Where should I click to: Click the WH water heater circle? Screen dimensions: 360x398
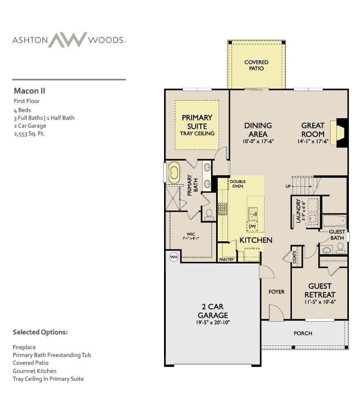(174, 257)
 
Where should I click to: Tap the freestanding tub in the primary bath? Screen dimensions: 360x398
(174, 172)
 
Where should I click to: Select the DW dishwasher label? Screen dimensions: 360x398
(252, 226)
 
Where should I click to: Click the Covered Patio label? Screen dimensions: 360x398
(256, 65)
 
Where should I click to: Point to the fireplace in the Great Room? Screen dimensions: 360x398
(340, 133)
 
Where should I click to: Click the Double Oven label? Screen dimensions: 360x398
(238, 184)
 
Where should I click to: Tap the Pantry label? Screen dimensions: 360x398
(227, 259)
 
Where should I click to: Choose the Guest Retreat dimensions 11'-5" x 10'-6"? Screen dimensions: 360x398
(320, 302)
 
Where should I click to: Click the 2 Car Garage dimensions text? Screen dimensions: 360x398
(213, 323)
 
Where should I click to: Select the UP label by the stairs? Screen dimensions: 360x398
(288, 186)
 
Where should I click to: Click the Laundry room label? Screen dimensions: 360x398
(298, 211)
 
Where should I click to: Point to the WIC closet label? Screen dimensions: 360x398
(191, 234)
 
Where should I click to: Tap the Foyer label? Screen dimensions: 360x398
(276, 292)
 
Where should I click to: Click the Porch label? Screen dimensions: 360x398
(303, 333)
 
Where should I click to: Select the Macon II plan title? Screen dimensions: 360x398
(30, 91)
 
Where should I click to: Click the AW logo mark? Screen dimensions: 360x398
(68, 40)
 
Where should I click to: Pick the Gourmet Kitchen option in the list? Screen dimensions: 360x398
(34, 371)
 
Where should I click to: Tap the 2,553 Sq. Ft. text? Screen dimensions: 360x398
(29, 133)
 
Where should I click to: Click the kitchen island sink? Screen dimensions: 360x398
(253, 214)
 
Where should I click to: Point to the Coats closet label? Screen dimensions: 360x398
(294, 257)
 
